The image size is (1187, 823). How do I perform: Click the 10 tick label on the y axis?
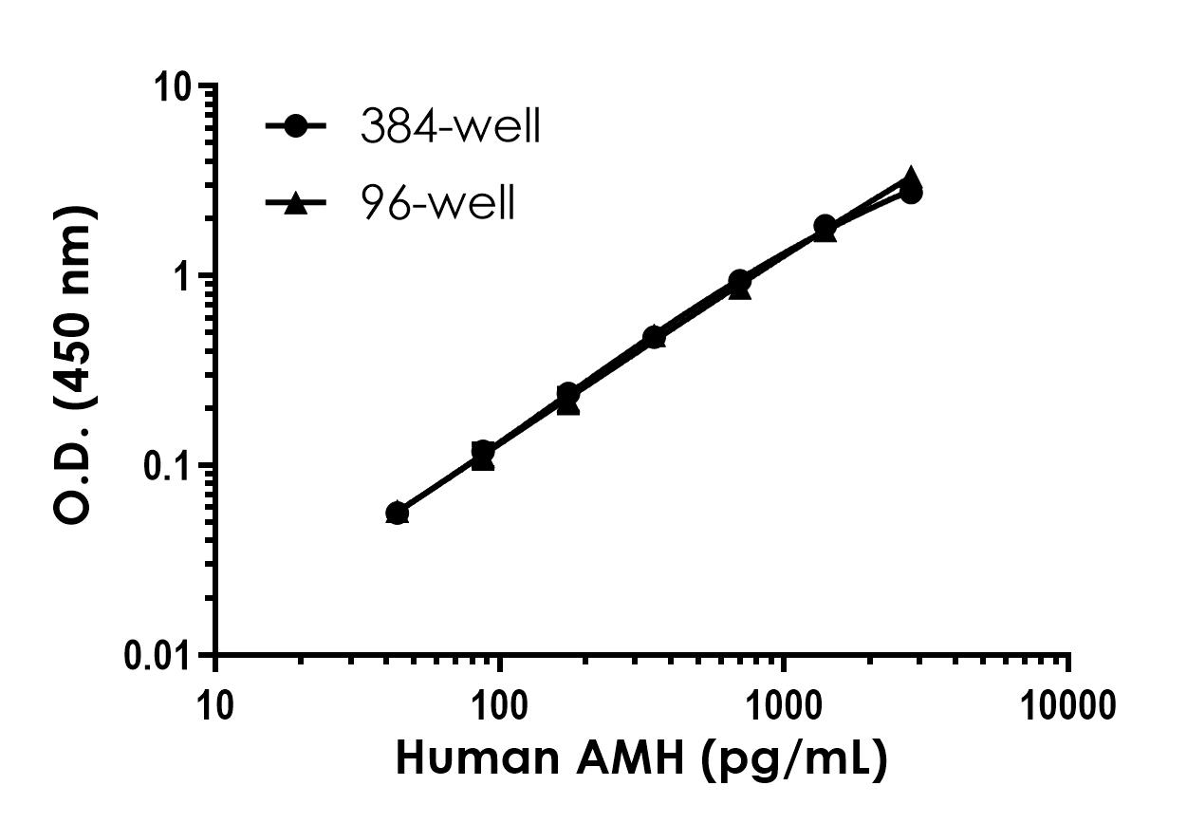point(175,86)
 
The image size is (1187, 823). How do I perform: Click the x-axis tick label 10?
point(216,705)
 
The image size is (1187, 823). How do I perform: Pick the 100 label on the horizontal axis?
point(500,705)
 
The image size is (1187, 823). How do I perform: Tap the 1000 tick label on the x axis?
point(784,705)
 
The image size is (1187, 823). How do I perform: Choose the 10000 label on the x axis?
point(1068,705)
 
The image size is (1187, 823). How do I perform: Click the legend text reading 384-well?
point(450,127)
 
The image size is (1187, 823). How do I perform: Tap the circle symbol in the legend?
point(296,126)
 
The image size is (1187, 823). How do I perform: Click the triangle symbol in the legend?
point(296,202)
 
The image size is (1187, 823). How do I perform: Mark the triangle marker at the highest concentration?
point(911,178)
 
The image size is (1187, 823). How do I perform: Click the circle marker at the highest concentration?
point(911,193)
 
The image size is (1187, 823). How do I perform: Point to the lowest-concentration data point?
point(398,514)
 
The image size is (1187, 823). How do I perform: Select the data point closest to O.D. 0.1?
point(483,454)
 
